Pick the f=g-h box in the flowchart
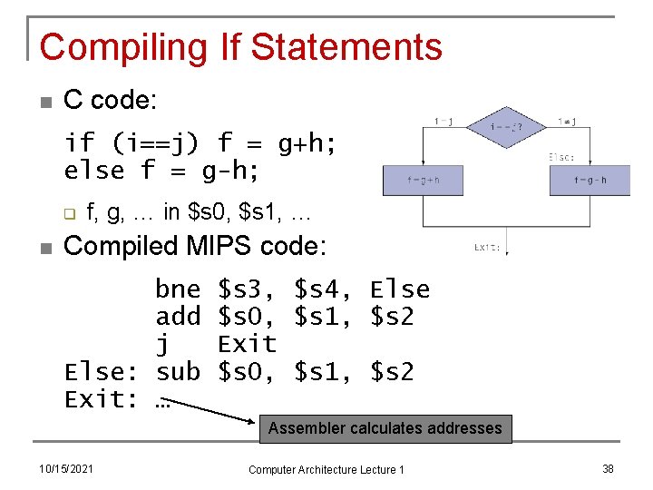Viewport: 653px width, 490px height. pos(590,180)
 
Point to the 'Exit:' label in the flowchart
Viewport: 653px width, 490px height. pos(486,246)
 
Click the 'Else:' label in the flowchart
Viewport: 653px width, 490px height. pos(560,157)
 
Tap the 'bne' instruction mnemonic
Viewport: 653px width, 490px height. pos(178,289)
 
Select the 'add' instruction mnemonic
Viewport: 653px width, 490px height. pos(178,317)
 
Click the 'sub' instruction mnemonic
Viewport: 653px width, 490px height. pos(178,371)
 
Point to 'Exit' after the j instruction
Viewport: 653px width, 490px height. pos(247,344)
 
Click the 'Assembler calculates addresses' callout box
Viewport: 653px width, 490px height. pos(385,428)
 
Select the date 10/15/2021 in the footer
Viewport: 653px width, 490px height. pos(66,468)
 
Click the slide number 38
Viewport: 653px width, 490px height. pos(608,468)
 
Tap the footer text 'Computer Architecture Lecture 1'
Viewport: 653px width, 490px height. pos(326,468)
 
